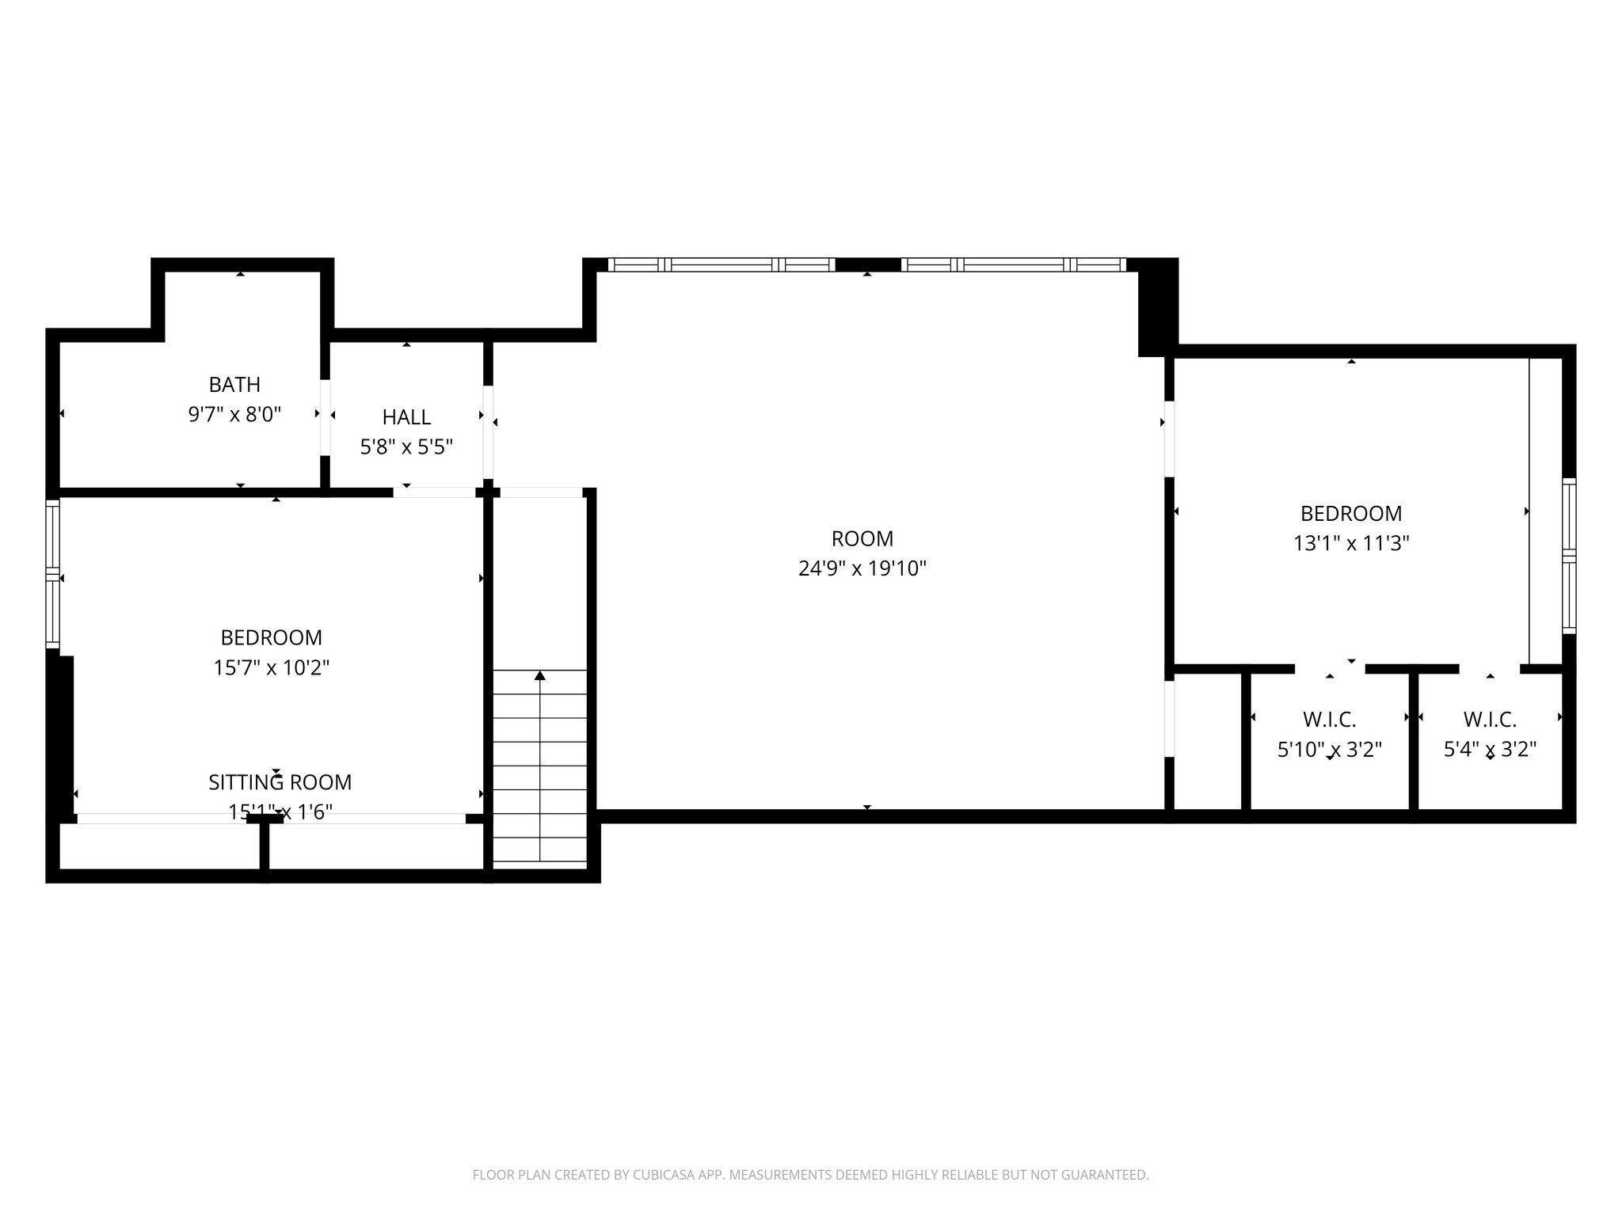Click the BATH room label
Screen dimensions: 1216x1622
coord(234,385)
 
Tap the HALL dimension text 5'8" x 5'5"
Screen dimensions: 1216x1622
coord(406,447)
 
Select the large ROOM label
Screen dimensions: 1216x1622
coord(862,539)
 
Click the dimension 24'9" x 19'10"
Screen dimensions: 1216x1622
coord(862,568)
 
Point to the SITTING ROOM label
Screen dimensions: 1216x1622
coord(280,782)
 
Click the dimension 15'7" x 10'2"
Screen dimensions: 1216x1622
coord(271,668)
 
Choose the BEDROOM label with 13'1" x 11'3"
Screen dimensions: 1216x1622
coord(1350,514)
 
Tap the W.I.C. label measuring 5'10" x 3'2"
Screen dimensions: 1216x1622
coord(1329,720)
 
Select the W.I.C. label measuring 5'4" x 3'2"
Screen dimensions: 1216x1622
coord(1489,720)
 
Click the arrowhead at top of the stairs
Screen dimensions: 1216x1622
coord(540,675)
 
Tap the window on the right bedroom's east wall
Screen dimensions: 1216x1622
coord(1569,555)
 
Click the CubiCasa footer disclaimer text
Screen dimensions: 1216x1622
coord(810,1175)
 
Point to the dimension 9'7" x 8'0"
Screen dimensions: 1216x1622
coord(234,414)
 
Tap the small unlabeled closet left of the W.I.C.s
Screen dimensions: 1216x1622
coord(1207,740)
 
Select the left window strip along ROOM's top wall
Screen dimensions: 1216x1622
coord(721,265)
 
